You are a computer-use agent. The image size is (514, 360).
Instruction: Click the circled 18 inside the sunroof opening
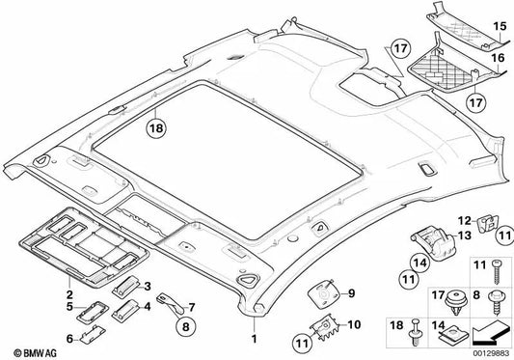pos(156,125)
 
